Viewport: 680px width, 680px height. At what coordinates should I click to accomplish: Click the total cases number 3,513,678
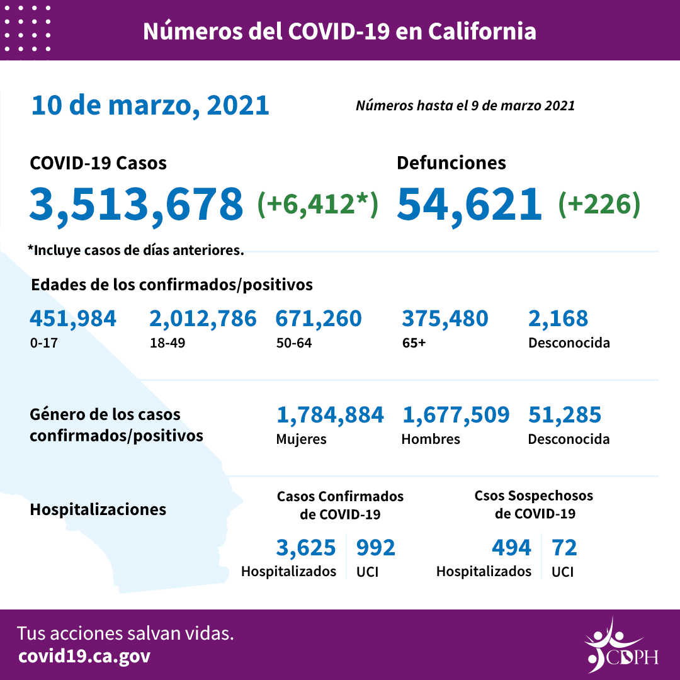pos(137,205)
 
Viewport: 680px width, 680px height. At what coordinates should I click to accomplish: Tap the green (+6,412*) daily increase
pos(318,203)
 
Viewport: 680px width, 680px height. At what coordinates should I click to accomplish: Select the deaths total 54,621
pos(469,205)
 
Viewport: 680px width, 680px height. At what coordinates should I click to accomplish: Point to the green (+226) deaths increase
pos(599,203)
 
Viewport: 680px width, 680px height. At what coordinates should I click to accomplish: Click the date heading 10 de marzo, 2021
pos(150,105)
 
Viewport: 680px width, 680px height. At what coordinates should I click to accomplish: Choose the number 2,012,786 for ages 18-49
pos(203,319)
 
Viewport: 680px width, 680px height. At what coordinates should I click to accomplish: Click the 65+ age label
pos(412,344)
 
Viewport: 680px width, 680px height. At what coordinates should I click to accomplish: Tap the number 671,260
pos(319,319)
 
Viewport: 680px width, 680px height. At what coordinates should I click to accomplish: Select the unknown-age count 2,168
pos(558,319)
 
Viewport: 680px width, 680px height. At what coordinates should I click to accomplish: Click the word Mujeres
pos(301,439)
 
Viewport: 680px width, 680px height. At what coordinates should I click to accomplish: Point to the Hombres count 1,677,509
pos(455,414)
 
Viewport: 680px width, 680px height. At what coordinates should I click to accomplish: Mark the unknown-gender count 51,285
pos(565,414)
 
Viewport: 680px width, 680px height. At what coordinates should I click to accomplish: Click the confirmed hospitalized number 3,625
pos(306,548)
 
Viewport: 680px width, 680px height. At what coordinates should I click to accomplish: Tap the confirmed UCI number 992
pos(376,548)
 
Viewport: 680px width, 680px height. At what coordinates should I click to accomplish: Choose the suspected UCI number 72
pos(564,548)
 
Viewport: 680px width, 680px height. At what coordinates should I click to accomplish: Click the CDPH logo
pos(621,645)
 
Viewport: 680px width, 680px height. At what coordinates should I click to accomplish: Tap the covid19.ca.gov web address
pos(84,656)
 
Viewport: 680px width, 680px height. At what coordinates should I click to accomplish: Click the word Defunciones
pos(451,163)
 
